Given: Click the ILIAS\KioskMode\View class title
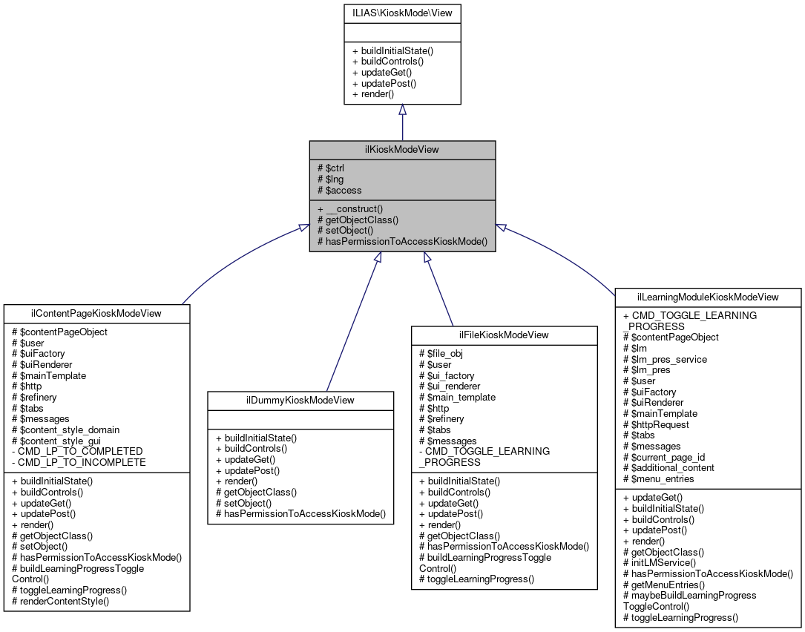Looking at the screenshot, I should tap(402, 12).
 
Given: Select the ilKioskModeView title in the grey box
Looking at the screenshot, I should tap(402, 149).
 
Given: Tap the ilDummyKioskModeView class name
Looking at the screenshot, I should tap(300, 400).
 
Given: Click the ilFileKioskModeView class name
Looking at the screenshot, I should tap(505, 335).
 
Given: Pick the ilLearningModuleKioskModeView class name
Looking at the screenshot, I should tap(708, 297).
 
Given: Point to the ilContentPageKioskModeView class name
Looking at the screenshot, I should tap(96, 313).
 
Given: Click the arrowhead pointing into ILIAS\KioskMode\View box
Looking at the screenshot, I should tap(402, 110).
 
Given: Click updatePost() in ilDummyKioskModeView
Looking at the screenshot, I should tap(247, 470).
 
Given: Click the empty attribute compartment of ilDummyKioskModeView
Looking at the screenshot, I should tap(300, 421).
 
